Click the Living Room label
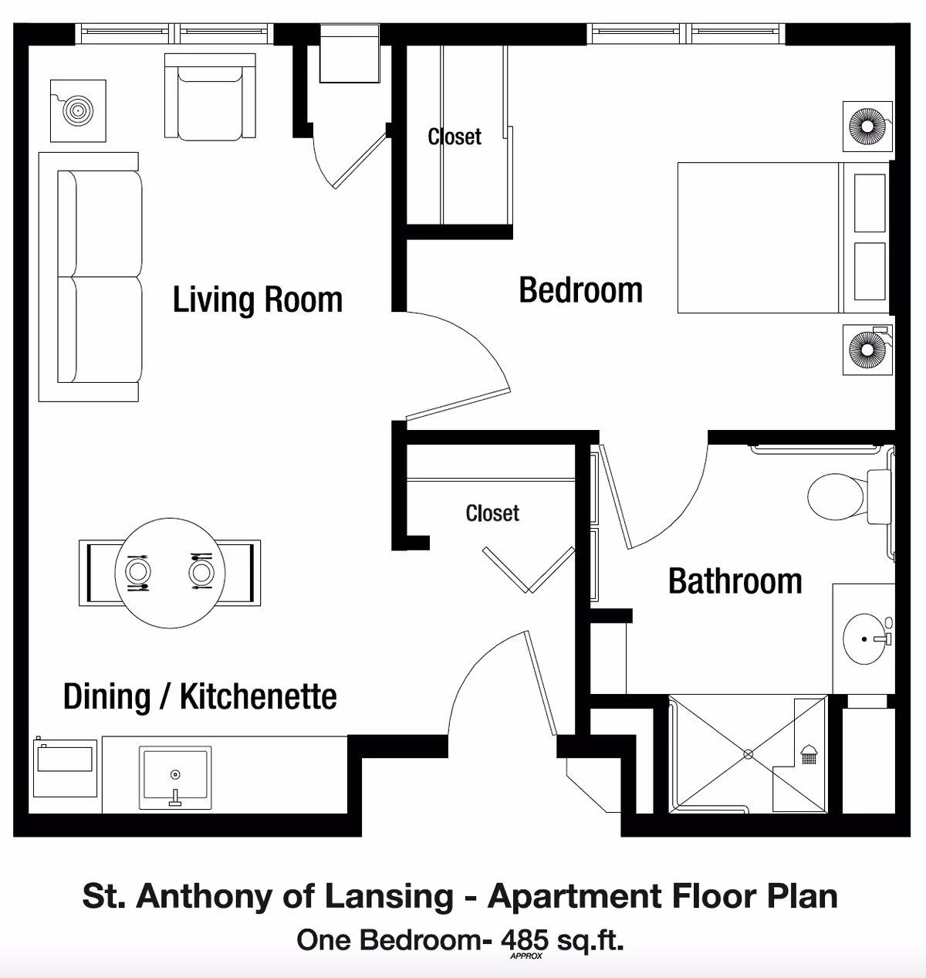point(257,299)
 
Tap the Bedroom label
point(580,290)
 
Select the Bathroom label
point(735,581)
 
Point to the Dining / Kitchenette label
point(200,696)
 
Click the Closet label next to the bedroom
point(455,137)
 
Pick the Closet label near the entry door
point(492,513)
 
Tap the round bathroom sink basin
point(865,639)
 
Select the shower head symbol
point(809,753)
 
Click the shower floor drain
point(747,754)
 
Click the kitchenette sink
point(175,777)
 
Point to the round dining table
point(170,573)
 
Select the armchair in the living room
point(210,96)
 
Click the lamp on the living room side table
point(77,111)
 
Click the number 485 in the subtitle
point(525,939)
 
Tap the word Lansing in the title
point(388,896)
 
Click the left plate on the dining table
point(138,572)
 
